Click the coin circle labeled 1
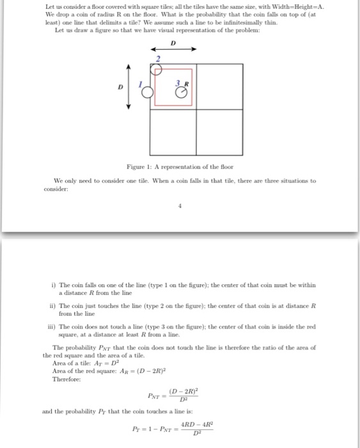point(146,92)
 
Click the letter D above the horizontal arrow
point(173,42)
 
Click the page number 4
point(180,206)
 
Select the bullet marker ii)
point(54,307)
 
